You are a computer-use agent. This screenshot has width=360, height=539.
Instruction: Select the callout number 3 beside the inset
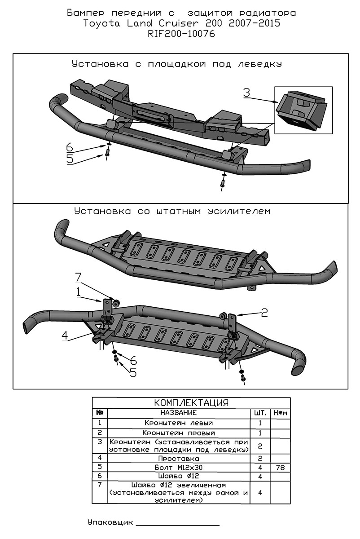(x=246, y=93)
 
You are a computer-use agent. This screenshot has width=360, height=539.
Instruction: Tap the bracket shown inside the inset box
(x=303, y=110)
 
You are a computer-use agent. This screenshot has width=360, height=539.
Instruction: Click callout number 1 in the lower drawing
(x=79, y=292)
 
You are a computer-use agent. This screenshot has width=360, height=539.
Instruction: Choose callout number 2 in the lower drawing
(x=264, y=312)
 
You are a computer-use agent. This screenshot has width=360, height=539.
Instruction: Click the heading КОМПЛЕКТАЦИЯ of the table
(x=191, y=402)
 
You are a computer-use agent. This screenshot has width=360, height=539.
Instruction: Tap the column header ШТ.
(x=260, y=412)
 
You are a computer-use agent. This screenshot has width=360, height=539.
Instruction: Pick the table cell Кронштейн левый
(x=179, y=423)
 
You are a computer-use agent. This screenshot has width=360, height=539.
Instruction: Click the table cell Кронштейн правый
(x=179, y=433)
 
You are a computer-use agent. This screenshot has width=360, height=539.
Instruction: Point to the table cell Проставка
(x=179, y=459)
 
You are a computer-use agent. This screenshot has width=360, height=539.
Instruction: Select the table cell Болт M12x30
(x=179, y=468)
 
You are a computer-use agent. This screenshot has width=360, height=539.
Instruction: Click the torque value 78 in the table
(x=281, y=468)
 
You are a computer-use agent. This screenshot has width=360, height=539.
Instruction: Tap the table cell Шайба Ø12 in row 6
(x=179, y=476)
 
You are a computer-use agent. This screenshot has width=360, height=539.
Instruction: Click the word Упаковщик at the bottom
(x=110, y=523)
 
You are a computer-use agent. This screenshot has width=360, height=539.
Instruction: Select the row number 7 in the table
(x=99, y=485)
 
